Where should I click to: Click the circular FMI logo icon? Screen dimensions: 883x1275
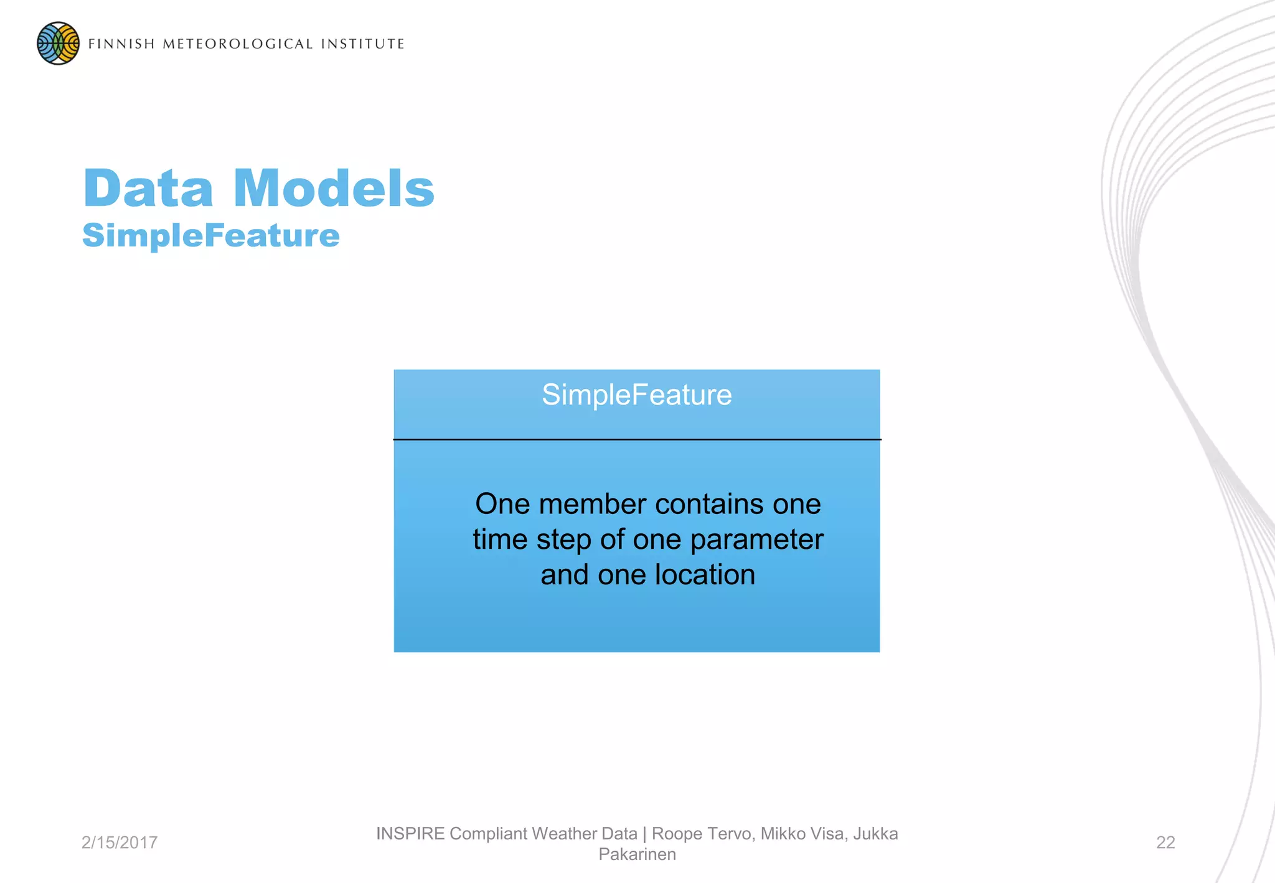[58, 44]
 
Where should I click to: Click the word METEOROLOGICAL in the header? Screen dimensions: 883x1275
[237, 44]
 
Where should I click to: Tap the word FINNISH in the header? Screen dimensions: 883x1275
[121, 44]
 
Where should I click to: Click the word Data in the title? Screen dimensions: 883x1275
[149, 189]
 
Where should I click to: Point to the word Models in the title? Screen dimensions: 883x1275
[334, 189]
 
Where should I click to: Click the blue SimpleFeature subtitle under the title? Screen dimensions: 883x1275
[211, 236]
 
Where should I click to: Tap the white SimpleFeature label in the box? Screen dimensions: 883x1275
[636, 395]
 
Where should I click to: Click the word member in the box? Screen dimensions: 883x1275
[592, 504]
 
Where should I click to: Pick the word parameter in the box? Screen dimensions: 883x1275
[756, 540]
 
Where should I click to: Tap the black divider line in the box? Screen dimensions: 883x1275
[636, 439]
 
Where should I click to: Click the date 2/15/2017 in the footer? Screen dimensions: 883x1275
[120, 843]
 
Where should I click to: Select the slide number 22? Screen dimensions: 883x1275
[1165, 843]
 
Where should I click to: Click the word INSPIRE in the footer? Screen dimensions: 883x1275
[410, 834]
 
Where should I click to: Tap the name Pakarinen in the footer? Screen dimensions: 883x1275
[636, 854]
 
